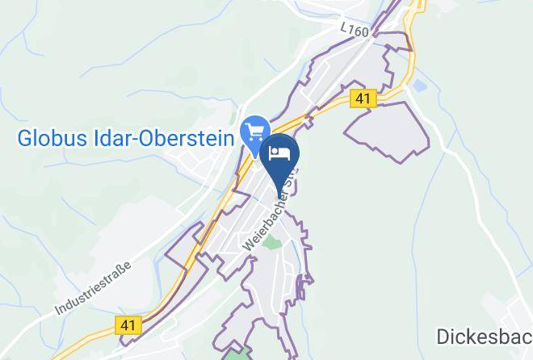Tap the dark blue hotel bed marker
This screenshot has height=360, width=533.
(281, 157)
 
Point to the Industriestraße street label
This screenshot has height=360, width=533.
(93, 286)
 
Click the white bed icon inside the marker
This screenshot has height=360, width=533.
(281, 153)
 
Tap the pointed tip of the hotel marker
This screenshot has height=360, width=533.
(281, 197)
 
